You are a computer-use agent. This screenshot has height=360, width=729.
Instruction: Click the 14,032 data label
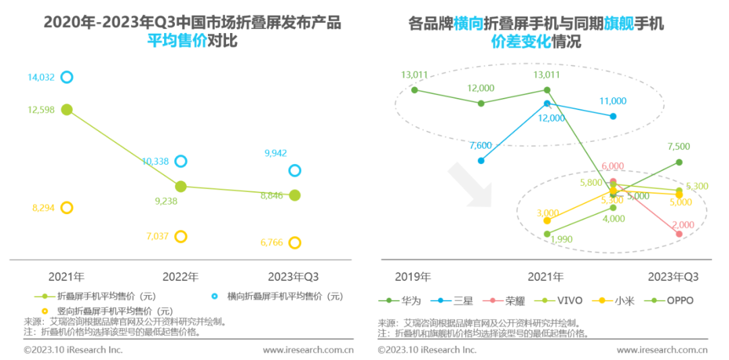40,78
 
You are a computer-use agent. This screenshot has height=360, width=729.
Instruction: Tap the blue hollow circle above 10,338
180,161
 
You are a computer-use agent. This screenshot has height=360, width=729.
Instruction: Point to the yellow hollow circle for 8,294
66,208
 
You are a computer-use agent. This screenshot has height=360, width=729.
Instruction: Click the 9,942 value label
275,153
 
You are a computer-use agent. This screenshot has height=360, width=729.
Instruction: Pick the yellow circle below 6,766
294,242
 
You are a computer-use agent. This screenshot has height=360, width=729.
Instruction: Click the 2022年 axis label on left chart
180,277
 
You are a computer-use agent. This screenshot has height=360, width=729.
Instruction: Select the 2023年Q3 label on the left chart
293,277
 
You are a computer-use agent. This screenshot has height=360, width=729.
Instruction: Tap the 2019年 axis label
412,277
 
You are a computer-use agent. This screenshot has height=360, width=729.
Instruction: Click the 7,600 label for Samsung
480,145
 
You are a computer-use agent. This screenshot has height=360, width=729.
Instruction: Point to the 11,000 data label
613,101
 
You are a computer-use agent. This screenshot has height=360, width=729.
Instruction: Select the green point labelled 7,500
679,162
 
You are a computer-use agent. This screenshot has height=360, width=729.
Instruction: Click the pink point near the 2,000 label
679,234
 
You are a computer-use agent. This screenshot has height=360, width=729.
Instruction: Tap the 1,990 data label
562,238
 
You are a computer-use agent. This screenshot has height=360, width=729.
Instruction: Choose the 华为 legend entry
404,301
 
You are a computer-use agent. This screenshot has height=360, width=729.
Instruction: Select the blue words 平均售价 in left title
178,42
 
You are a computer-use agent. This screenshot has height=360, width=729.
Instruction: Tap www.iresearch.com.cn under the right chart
662,350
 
